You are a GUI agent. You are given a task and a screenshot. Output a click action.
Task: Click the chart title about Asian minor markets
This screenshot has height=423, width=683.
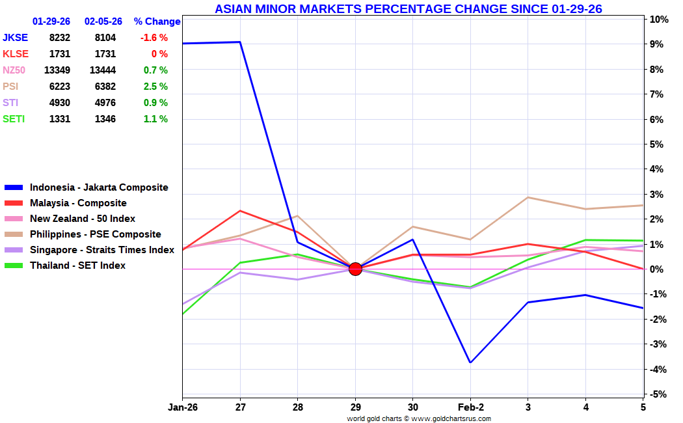408,8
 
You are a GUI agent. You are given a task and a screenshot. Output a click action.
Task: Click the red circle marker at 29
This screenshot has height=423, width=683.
355,269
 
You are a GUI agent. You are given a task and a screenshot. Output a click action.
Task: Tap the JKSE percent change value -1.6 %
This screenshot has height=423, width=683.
154,38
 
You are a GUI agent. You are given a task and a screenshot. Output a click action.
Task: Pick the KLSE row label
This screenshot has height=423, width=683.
16,54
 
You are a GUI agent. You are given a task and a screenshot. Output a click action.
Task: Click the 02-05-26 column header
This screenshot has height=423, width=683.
103,21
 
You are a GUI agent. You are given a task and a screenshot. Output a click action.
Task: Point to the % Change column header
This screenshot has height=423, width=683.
157,21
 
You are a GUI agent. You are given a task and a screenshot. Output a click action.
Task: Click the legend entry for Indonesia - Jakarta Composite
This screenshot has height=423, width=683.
99,187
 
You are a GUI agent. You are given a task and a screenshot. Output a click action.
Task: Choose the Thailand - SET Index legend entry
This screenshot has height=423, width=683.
77,266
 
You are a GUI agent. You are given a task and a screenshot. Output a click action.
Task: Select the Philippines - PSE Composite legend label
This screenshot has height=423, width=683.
95,234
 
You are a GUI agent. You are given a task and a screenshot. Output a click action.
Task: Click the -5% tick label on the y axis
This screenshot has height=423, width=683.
658,394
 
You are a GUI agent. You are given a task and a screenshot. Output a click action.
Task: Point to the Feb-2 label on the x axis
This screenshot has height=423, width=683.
470,407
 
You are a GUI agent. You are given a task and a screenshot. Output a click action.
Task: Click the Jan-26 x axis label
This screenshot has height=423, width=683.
183,407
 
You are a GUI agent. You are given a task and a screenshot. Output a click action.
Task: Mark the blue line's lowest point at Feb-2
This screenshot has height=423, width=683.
470,362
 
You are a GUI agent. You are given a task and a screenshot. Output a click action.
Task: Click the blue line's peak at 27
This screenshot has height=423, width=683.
240,42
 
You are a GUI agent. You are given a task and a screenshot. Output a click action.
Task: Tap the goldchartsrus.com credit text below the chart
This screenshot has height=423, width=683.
419,418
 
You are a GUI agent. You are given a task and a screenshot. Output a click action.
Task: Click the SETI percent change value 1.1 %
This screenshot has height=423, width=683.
155,119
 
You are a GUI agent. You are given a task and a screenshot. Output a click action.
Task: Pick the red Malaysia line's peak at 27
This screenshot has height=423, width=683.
240,211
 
